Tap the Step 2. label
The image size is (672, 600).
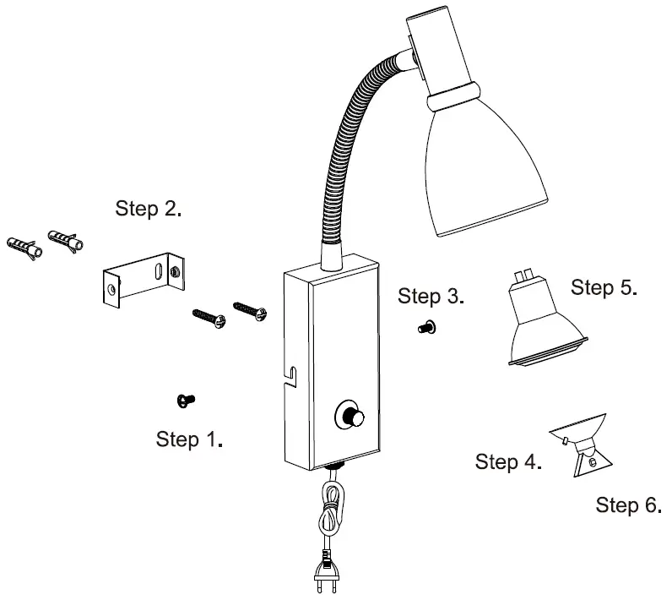(149, 209)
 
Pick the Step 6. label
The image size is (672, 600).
(628, 505)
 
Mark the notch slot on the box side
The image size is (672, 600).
(292, 374)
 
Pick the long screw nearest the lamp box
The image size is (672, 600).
(251, 308)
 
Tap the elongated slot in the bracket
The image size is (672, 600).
(157, 270)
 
